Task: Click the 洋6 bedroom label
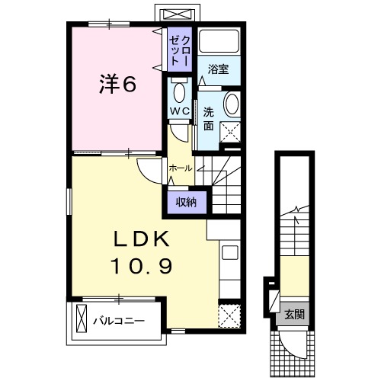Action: coord(117,84)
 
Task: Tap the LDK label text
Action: coord(141,239)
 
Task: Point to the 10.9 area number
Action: coord(141,266)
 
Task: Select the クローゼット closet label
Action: coord(180,51)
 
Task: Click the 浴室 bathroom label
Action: coord(219,69)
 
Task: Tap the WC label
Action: coord(180,111)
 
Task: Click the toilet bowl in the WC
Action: coord(179,92)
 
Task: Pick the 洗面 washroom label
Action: coord(208,119)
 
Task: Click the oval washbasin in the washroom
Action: coord(232,104)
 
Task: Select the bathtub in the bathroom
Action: coord(219,41)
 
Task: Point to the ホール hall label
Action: coord(181,168)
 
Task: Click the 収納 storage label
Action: coord(187,203)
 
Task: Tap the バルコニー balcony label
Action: coord(119,321)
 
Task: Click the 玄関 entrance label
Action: coord(294,315)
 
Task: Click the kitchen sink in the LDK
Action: coord(230,253)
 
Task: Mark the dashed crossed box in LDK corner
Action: coord(229,315)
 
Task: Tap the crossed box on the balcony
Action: coord(82,319)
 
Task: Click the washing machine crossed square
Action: coord(230,132)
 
